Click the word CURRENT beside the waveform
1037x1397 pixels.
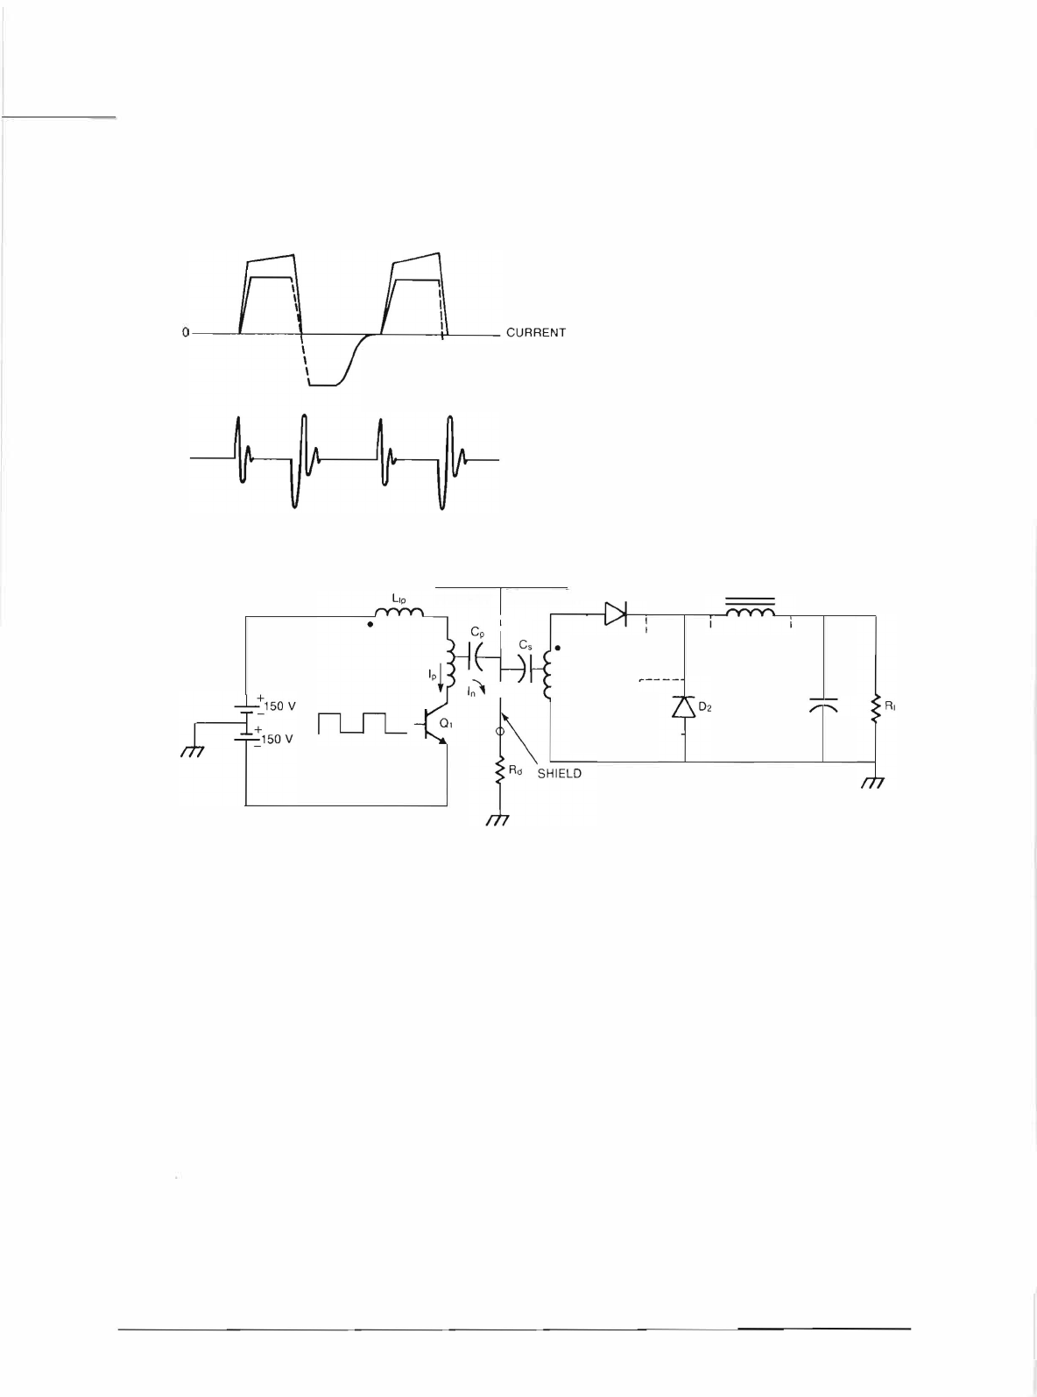pyautogui.click(x=536, y=333)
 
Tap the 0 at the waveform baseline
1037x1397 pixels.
pyautogui.click(x=185, y=333)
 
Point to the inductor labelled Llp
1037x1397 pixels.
pyautogui.click(x=399, y=612)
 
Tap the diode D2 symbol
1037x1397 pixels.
pyautogui.click(x=683, y=706)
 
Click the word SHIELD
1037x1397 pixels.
pyautogui.click(x=559, y=775)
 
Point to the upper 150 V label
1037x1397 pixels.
pyautogui.click(x=281, y=706)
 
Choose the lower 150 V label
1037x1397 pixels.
pyautogui.click(x=281, y=739)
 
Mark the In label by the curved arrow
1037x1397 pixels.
pyautogui.click(x=471, y=693)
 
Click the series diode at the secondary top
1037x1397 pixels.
pyautogui.click(x=617, y=615)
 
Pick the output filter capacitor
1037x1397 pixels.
pyautogui.click(x=824, y=706)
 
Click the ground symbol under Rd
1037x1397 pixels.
pyautogui.click(x=498, y=819)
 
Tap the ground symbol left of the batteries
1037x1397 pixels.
pyautogui.click(x=191, y=751)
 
